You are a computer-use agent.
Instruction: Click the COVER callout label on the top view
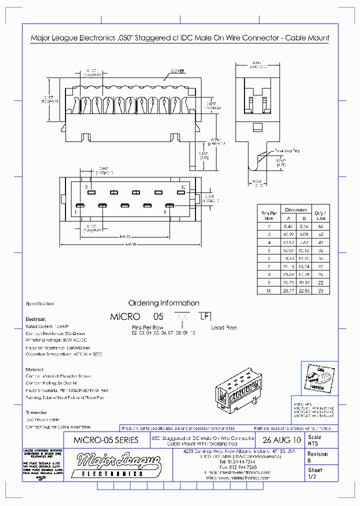coord(177,71)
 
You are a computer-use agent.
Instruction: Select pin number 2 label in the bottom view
coord(86,186)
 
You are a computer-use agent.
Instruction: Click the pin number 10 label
coord(183,186)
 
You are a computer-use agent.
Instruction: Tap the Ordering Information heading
coord(163,303)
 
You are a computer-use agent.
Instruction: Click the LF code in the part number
coord(204,316)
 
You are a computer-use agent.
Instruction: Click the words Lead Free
coord(223,328)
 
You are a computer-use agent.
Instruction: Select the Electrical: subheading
coord(35,319)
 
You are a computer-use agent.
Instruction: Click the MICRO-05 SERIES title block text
coord(105,440)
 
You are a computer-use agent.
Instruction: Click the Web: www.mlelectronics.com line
coord(237,478)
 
